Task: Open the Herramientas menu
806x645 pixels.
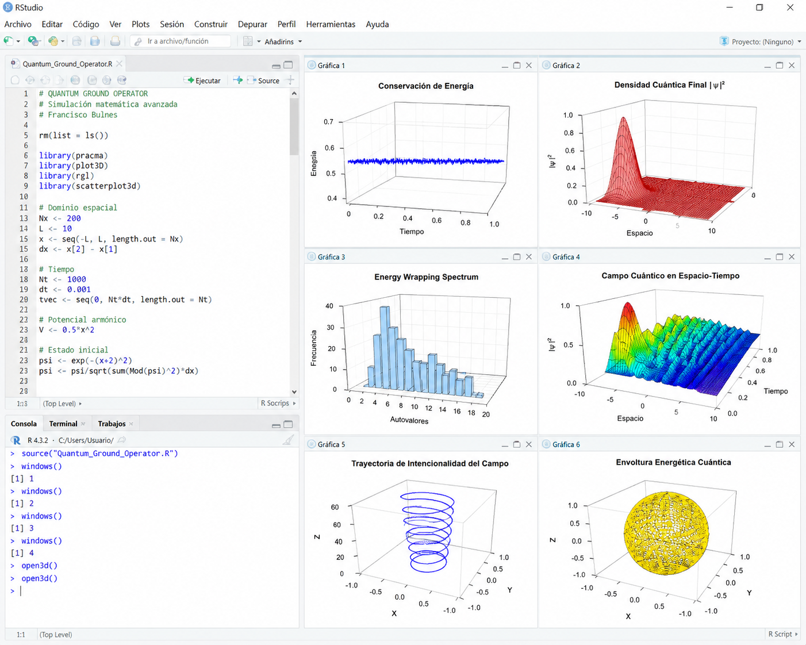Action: (x=331, y=24)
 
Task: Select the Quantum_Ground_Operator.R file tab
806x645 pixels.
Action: (x=67, y=64)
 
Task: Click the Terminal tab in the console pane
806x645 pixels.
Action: (x=63, y=424)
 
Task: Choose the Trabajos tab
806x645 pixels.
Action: (x=112, y=424)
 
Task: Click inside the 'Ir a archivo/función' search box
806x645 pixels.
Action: (x=181, y=41)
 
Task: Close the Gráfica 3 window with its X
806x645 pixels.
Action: (x=529, y=257)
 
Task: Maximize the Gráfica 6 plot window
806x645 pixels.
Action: (x=780, y=444)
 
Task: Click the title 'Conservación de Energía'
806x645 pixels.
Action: (x=425, y=86)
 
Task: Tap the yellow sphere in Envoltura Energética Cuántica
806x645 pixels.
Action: (x=666, y=533)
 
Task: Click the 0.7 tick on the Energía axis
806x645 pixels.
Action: (x=328, y=122)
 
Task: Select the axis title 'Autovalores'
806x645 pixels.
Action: (x=409, y=420)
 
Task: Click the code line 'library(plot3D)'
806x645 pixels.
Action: (x=74, y=166)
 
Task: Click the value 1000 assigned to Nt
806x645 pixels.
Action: (x=76, y=279)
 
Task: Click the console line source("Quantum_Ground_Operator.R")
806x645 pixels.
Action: (x=99, y=454)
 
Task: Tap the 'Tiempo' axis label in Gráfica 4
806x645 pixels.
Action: (x=776, y=391)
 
